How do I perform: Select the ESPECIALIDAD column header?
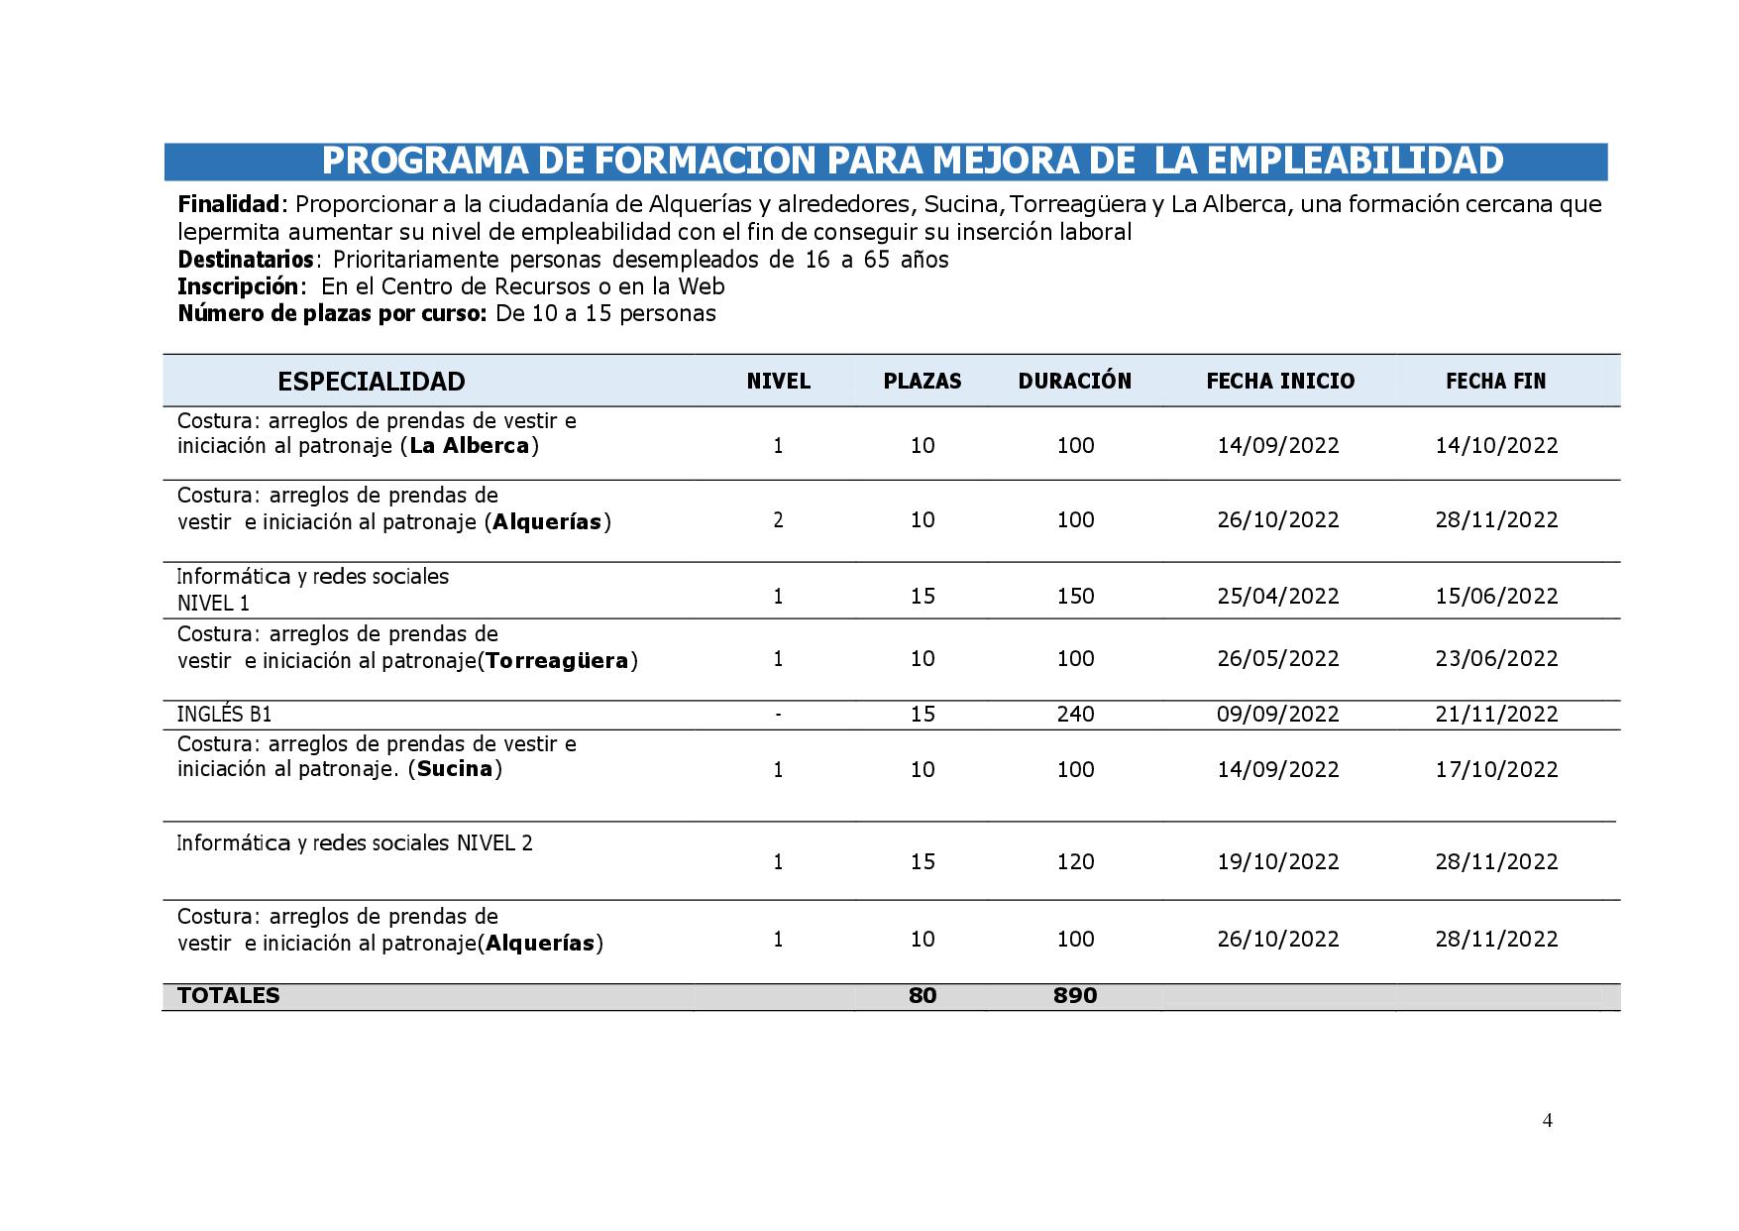[x=371, y=382]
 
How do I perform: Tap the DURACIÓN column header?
[x=1074, y=382]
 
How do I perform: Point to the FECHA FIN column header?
[x=1495, y=382]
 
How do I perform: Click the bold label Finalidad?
[x=229, y=205]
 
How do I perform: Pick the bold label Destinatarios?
[x=246, y=260]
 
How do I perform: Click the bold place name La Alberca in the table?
[x=470, y=446]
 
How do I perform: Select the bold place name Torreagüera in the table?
[x=557, y=661]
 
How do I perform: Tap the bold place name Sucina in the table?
[x=455, y=769]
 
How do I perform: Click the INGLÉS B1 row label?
[x=224, y=715]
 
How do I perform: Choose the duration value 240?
[x=1075, y=715]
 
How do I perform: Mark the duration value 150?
[x=1075, y=597]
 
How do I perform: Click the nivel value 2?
[x=778, y=520]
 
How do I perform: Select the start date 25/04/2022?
[x=1277, y=597]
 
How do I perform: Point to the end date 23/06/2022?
[x=1496, y=659]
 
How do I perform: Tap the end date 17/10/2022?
[x=1496, y=770]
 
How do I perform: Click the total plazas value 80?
[x=922, y=996]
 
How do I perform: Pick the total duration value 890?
[x=1075, y=996]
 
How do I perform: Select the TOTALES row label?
[x=228, y=996]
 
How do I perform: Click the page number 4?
[x=1547, y=1121]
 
